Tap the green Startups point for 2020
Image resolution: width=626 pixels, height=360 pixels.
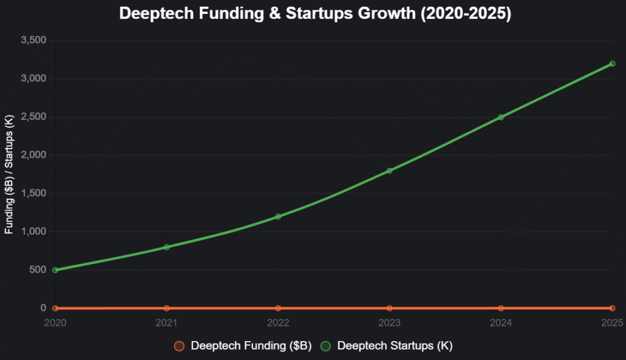[55, 270]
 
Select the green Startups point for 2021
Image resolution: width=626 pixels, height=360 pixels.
[166, 247]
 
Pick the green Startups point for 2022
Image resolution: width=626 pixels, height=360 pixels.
[278, 216]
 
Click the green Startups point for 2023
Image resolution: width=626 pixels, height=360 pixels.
[389, 171]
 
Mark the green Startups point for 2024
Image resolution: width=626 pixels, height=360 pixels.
[501, 117]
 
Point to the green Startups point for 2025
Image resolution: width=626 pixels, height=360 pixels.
[612, 64]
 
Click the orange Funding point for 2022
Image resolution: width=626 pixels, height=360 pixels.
[278, 308]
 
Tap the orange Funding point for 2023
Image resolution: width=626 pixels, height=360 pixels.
[389, 308]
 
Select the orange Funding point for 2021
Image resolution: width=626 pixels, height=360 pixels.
[166, 308]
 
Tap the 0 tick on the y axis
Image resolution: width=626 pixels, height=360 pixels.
[43, 308]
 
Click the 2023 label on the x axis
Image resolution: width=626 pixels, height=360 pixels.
[389, 322]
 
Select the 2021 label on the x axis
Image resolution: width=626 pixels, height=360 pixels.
[166, 322]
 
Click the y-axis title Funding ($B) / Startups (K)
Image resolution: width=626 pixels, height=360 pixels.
[9, 174]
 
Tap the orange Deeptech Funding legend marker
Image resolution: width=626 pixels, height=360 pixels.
[179, 346]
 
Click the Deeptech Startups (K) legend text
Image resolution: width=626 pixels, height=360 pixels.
[395, 346]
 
